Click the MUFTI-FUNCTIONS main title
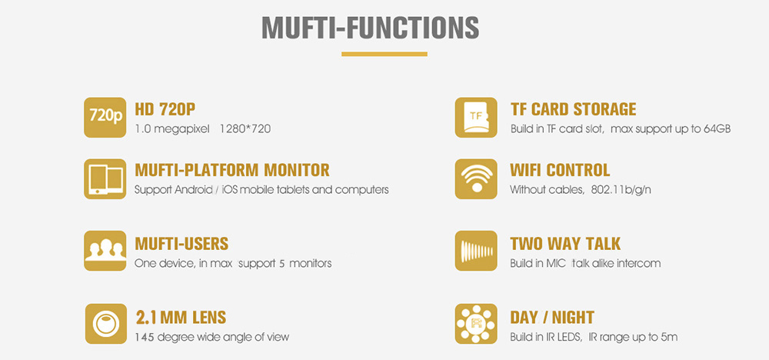371,28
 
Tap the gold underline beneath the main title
384,54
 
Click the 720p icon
105,117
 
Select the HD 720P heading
165,109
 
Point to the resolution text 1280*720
245,129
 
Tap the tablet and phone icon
105,178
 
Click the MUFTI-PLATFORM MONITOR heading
232,170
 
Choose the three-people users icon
105,251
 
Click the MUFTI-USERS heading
181,244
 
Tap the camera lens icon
106,324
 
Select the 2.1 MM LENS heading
181,318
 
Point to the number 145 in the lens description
144,337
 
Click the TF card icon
476,117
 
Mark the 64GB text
717,129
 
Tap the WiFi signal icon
476,178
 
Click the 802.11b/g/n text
621,190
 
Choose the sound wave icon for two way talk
476,251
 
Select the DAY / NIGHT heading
552,318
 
